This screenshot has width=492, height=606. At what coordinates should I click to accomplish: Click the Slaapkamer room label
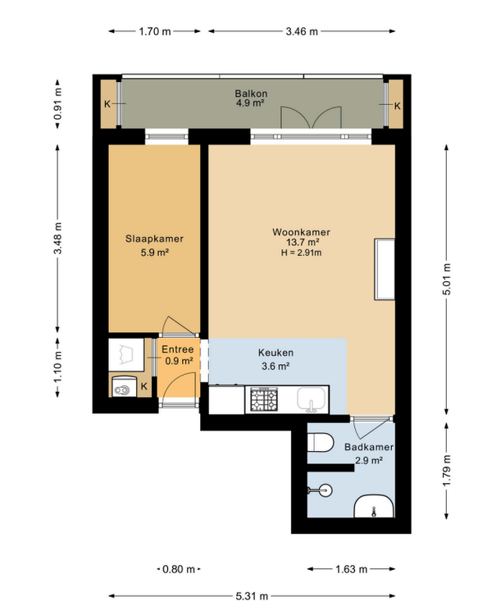[154, 239]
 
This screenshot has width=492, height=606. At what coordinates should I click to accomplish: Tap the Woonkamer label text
[302, 232]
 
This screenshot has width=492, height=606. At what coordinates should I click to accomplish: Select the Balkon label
[251, 93]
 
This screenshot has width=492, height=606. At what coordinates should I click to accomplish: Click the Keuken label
[276, 353]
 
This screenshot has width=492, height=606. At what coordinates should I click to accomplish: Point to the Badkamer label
[369, 447]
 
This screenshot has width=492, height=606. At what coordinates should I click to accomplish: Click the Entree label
[178, 349]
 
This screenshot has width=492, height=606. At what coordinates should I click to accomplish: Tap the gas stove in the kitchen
[264, 399]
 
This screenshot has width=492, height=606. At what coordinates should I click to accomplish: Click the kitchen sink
[311, 399]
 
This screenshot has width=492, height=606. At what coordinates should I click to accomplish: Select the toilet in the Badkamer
[321, 443]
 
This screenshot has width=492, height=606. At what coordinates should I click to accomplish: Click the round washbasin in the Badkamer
[326, 491]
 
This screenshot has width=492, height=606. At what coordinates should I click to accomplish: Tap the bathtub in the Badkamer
[374, 506]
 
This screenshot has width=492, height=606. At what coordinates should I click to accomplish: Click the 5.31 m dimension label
[252, 596]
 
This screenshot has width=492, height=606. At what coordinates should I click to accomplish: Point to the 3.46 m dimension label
[302, 31]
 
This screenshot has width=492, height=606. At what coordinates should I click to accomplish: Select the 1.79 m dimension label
[447, 471]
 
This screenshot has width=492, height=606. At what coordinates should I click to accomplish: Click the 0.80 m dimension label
[179, 569]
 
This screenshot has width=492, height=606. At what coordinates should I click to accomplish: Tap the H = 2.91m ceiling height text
[302, 253]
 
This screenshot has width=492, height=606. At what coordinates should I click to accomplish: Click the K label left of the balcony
[107, 104]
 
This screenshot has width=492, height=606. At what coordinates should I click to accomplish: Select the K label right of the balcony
[398, 106]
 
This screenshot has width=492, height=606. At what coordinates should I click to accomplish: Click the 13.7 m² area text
[303, 243]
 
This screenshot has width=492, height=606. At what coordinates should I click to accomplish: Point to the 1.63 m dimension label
[351, 569]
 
